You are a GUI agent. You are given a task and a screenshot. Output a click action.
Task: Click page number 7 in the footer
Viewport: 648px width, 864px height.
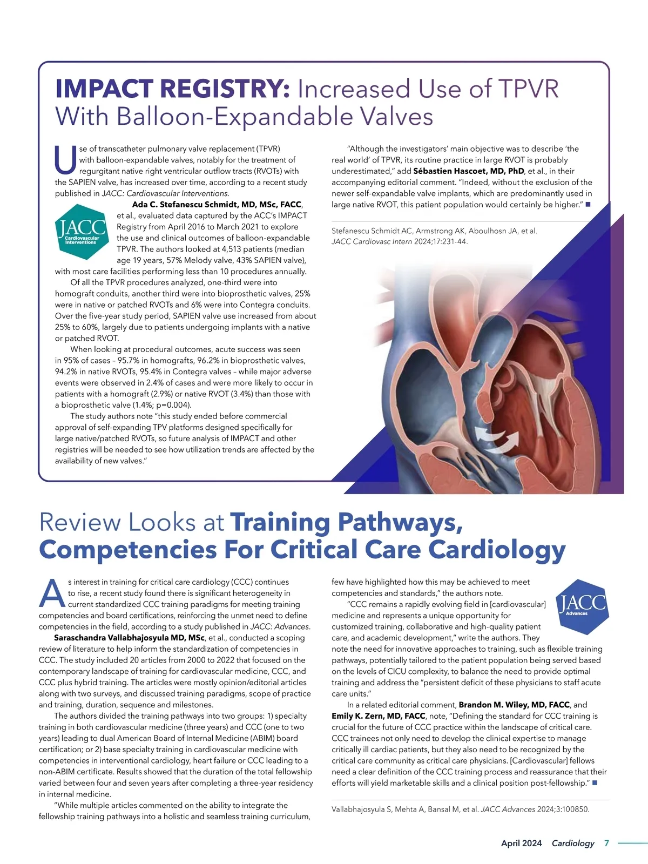tap(606, 843)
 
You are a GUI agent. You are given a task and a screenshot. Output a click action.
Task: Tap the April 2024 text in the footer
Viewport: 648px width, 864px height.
tap(521, 843)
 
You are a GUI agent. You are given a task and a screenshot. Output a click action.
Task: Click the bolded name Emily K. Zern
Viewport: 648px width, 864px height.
tap(379, 716)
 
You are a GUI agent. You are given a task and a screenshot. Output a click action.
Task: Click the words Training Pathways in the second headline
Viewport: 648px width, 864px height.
tap(346, 522)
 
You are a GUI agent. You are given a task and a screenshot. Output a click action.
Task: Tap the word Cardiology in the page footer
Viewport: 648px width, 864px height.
tap(572, 843)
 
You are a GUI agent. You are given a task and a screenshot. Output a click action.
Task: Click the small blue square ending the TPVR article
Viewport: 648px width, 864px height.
tap(588, 205)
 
